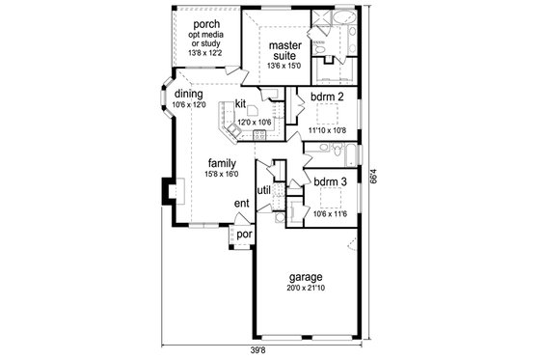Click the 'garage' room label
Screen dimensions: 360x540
pyautogui.click(x=304, y=277)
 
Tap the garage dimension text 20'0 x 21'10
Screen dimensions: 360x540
pyautogui.click(x=304, y=289)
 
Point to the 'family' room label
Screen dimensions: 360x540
pyautogui.click(x=222, y=163)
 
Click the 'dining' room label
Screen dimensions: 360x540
pyautogui.click(x=188, y=94)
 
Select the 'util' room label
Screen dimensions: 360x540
pyautogui.click(x=263, y=189)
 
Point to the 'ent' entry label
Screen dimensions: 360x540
pyautogui.click(x=243, y=204)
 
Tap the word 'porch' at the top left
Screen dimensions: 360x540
pyautogui.click(x=209, y=23)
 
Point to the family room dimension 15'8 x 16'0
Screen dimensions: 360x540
pyautogui.click(x=222, y=175)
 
